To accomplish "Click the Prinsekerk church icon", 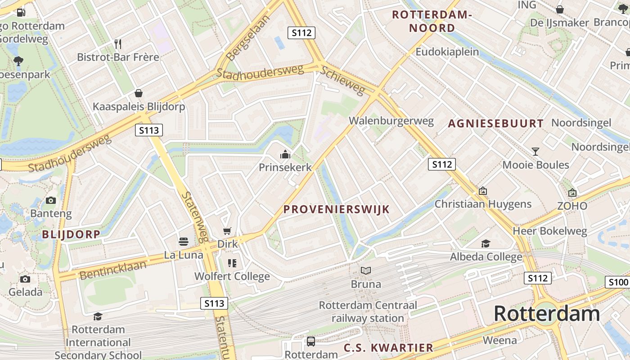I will pyautogui.click(x=285, y=155).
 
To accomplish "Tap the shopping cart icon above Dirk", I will pyautogui.click(x=227, y=231).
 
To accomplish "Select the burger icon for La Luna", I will pyautogui.click(x=183, y=242).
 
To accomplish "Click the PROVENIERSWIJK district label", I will pyautogui.click(x=337, y=209).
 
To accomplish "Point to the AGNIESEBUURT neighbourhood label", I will pyautogui.click(x=495, y=123).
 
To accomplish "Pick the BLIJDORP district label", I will pyautogui.click(x=71, y=234).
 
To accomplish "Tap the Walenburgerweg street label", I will pyautogui.click(x=391, y=121).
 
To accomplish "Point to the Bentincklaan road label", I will pyautogui.click(x=113, y=270).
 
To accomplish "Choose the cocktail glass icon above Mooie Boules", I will pyautogui.click(x=535, y=152).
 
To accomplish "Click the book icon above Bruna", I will pyautogui.click(x=366, y=271).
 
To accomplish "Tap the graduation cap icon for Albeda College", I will pyautogui.click(x=486, y=244).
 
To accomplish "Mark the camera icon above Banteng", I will pyautogui.click(x=51, y=200).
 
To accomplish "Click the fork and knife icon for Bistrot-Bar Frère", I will pyautogui.click(x=118, y=44).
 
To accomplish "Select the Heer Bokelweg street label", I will pyautogui.click(x=550, y=232).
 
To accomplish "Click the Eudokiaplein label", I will pyautogui.click(x=447, y=52).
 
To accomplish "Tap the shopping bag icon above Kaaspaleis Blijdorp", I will pyautogui.click(x=139, y=93).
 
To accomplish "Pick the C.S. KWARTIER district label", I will pyautogui.click(x=388, y=348).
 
